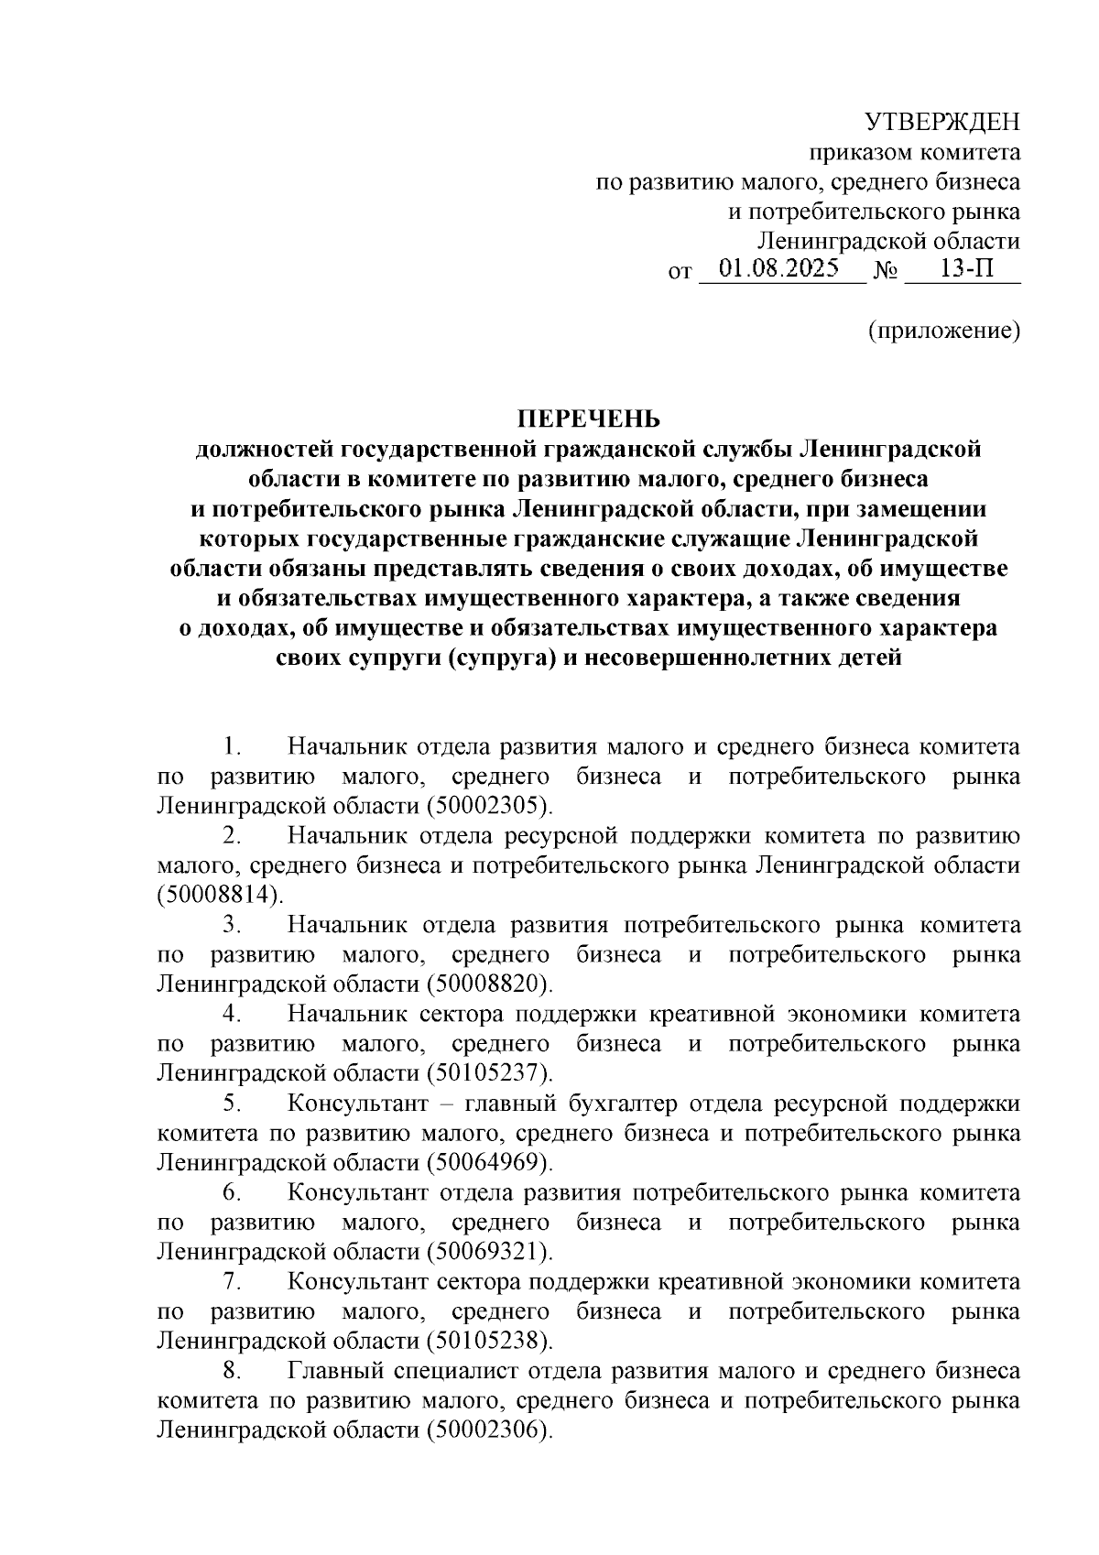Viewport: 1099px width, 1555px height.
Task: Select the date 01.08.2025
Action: (779, 271)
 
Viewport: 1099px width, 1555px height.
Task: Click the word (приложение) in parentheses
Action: (944, 330)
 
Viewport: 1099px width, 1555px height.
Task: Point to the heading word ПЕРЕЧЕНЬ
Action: (589, 419)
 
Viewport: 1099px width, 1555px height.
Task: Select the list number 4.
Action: (231, 1015)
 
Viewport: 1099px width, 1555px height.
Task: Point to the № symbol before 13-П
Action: (886, 273)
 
